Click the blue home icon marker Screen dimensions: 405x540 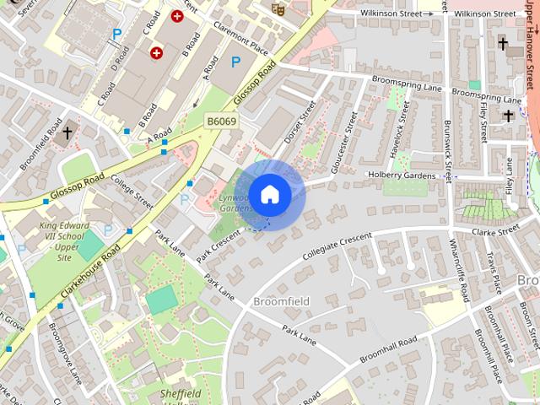tap(269, 194)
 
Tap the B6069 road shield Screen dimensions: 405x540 tap(221, 122)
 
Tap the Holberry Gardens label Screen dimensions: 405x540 tap(401, 175)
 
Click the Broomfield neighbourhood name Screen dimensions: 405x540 tap(281, 301)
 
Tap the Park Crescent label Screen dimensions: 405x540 tap(219, 248)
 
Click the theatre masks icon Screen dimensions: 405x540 tap(276, 8)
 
